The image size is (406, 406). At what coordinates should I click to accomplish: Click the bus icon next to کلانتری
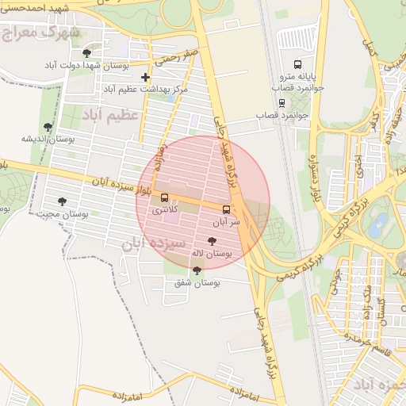coord(164,197)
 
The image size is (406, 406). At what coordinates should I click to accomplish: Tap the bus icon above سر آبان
coord(227,209)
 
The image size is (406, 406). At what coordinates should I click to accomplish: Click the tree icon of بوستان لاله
coord(211,241)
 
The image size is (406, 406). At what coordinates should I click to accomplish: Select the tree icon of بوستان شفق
coord(196,270)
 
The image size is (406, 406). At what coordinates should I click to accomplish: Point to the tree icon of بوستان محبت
coord(62,201)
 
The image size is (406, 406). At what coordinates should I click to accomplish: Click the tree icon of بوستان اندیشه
coord(48,126)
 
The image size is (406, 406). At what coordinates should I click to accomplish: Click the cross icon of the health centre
coord(144,77)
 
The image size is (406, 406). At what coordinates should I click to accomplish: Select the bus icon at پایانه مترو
coord(297,64)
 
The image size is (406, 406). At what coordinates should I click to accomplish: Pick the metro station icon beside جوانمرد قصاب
coord(282,102)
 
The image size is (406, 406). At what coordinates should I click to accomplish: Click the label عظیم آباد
coord(110,115)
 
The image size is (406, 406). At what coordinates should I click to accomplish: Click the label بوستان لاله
coord(211,254)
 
